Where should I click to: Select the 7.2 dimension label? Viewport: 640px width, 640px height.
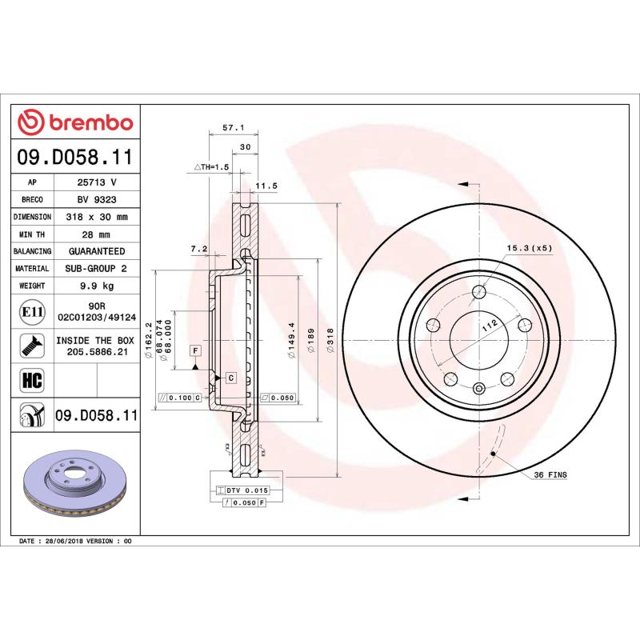coord(199,250)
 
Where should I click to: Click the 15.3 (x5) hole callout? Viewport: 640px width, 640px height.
coord(529,248)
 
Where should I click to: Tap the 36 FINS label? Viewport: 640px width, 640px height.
coord(550,475)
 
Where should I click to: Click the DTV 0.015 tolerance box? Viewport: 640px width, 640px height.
coord(244,489)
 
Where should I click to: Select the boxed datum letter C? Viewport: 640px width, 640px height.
coord(230,377)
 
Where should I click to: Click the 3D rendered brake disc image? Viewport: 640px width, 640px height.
coord(74,488)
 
